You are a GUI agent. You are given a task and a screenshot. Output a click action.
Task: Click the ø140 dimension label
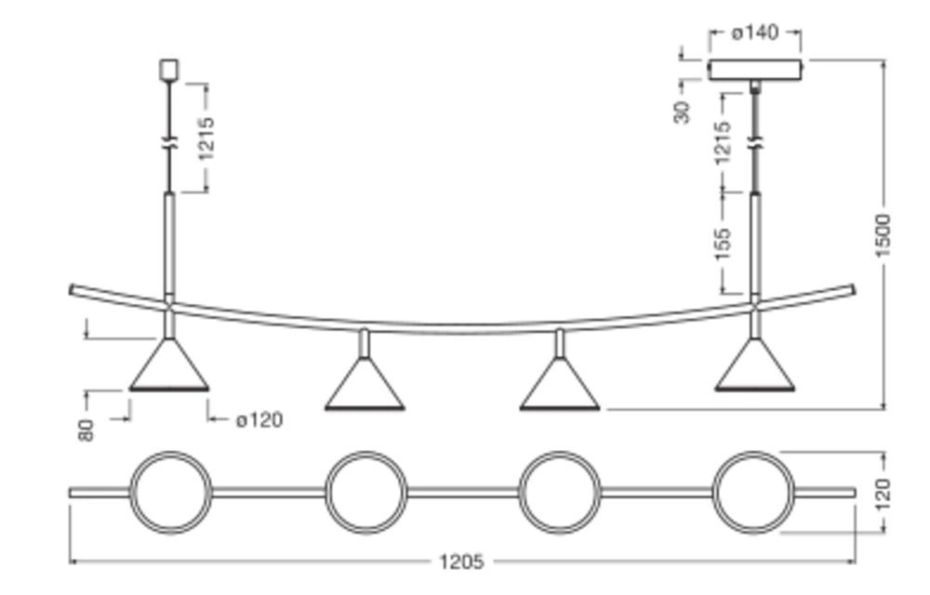[x=754, y=33]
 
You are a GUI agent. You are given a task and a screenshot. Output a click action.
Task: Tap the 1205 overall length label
[x=461, y=562]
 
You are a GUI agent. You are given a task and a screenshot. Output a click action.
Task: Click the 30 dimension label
[x=684, y=112]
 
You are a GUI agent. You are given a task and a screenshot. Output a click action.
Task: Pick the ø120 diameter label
[x=259, y=420]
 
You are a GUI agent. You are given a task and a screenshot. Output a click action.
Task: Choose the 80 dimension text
[x=86, y=429]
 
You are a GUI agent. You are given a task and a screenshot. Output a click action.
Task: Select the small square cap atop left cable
[x=168, y=69]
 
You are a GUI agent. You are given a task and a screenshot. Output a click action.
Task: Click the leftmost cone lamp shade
[x=168, y=368]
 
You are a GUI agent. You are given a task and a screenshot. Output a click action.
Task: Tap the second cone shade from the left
[x=365, y=388]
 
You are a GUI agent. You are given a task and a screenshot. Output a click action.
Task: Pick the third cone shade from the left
[x=559, y=388]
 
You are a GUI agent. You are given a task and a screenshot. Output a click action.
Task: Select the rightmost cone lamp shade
[x=754, y=368]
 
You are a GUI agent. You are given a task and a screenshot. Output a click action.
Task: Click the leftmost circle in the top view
[x=170, y=493]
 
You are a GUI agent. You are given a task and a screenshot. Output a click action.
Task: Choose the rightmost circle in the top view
[x=753, y=493]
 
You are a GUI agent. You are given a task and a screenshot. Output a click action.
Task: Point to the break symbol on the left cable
[x=168, y=143]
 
